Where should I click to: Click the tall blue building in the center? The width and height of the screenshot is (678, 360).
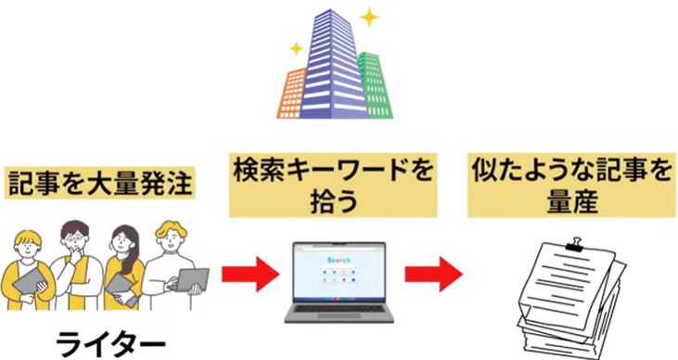[333, 65]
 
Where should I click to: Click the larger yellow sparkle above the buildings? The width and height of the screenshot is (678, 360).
[369, 18]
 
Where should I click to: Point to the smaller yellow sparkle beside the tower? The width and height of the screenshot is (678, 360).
[296, 48]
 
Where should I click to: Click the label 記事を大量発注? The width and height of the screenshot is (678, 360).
[100, 184]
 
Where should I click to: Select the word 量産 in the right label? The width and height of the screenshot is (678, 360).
[572, 201]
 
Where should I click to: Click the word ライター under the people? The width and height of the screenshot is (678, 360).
[110, 345]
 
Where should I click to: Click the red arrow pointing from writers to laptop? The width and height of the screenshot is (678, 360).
[250, 275]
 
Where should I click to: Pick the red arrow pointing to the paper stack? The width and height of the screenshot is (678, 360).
[433, 275]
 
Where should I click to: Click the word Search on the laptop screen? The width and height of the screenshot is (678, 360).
[339, 260]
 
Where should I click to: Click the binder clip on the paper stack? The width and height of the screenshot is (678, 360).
[576, 245]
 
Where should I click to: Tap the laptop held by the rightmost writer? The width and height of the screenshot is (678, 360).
[190, 280]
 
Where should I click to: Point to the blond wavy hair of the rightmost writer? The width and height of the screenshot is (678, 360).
[172, 230]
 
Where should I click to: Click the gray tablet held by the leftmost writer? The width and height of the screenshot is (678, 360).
[29, 282]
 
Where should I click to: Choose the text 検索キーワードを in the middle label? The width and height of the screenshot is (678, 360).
[333, 170]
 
